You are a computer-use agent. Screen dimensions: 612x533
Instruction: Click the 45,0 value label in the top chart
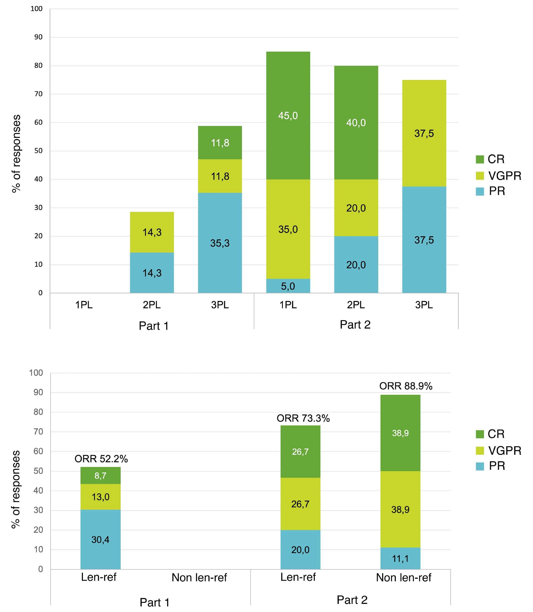click(288, 115)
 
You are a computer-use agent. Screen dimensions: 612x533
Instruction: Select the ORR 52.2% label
click(101, 459)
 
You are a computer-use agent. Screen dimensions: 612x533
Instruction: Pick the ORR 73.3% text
click(303, 418)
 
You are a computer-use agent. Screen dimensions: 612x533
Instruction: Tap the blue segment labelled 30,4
click(100, 539)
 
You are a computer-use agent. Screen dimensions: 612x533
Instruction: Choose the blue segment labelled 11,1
click(400, 559)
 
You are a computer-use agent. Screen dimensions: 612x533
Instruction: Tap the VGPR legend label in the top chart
click(505, 176)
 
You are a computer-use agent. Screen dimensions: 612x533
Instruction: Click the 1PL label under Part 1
click(84, 305)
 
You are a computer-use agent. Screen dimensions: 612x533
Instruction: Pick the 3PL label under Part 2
click(424, 305)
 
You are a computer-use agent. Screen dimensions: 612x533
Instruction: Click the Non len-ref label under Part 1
click(199, 578)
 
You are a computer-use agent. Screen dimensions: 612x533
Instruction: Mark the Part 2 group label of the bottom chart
click(352, 599)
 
